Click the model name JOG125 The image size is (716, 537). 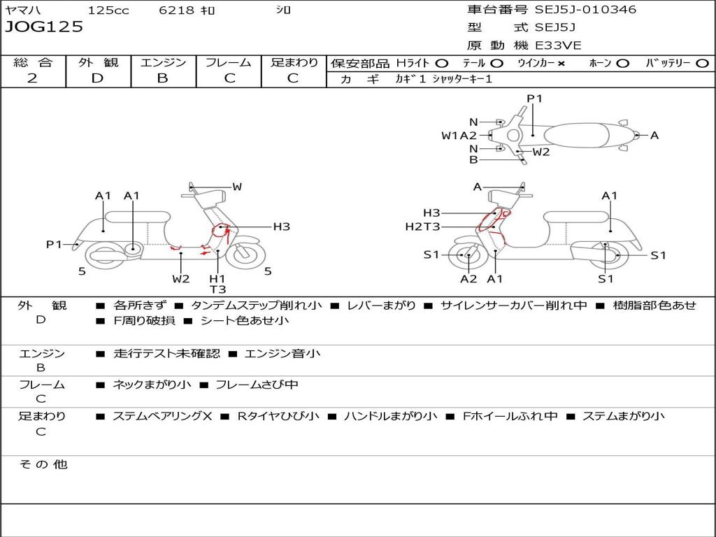[44, 27]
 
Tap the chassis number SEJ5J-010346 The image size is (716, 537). [585, 9]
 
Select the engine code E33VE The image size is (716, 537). [558, 45]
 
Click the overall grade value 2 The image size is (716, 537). [32, 78]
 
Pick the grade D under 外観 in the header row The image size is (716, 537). [98, 78]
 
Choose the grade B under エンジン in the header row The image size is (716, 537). [162, 78]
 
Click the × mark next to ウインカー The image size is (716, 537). [561, 64]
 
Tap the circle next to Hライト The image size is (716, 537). [441, 64]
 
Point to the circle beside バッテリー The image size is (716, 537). [702, 64]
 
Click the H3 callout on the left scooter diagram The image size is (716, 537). [281, 227]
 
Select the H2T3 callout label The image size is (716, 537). [422, 227]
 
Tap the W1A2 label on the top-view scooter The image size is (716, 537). [459, 135]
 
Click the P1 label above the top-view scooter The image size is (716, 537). [534, 99]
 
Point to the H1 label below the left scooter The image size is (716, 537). [217, 278]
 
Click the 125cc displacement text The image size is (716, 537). [108, 10]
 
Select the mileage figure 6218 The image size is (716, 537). [176, 10]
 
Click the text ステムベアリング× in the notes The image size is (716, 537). [162, 416]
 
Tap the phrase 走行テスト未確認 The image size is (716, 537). [166, 353]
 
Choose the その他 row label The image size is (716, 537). [43, 464]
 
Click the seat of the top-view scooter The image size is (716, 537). [576, 136]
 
